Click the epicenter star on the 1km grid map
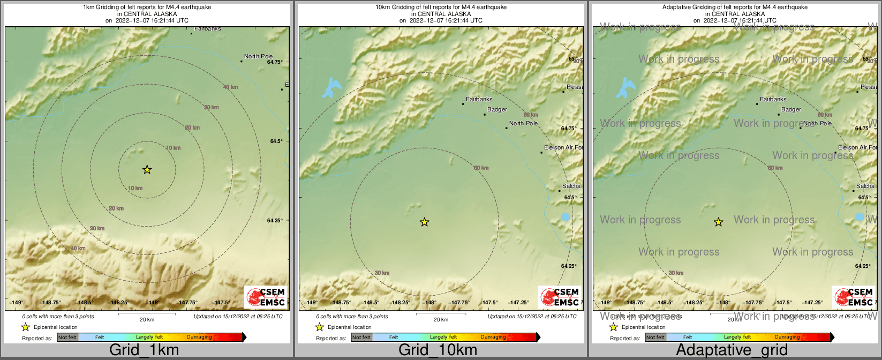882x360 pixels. pos(147,170)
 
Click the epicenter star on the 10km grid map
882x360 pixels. pos(424,222)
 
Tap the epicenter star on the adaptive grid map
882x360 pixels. pos(719,222)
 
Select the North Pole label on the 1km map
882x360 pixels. pos(258,56)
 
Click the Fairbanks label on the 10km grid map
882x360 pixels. pos(479,99)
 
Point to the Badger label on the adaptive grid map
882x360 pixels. pos(791,109)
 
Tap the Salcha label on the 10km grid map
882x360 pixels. pos(571,186)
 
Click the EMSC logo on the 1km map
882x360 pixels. pos(266,297)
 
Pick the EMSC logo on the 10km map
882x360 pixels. pos(560,297)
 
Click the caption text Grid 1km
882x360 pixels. pos(144,350)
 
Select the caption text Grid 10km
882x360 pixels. pos(438,350)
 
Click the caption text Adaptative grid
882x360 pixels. pos(732,350)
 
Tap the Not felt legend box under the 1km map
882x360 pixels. pos(67,337)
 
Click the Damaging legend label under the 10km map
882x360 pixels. pos(493,337)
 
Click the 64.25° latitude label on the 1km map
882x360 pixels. pos(275,220)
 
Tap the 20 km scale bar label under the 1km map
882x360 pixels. pos(147,320)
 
